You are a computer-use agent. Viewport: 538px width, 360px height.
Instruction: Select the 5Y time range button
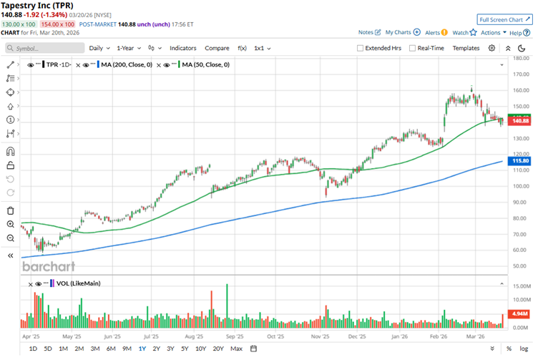(185, 349)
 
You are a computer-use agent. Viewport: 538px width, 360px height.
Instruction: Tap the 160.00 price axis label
(520, 91)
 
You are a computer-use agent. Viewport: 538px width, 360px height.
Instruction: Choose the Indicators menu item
(182, 48)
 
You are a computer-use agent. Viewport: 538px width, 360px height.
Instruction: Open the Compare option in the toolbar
(217, 48)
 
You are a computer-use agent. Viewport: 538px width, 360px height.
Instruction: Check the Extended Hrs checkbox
(360, 48)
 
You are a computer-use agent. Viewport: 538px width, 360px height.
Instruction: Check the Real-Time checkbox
(413, 48)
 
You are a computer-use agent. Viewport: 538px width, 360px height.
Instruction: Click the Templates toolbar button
(466, 48)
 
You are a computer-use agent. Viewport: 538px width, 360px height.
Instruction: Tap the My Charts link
(402, 32)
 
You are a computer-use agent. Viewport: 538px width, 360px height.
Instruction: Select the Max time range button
(236, 349)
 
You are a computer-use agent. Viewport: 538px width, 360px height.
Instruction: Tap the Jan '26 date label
(398, 335)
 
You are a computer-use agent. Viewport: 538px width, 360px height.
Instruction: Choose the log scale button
(524, 349)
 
